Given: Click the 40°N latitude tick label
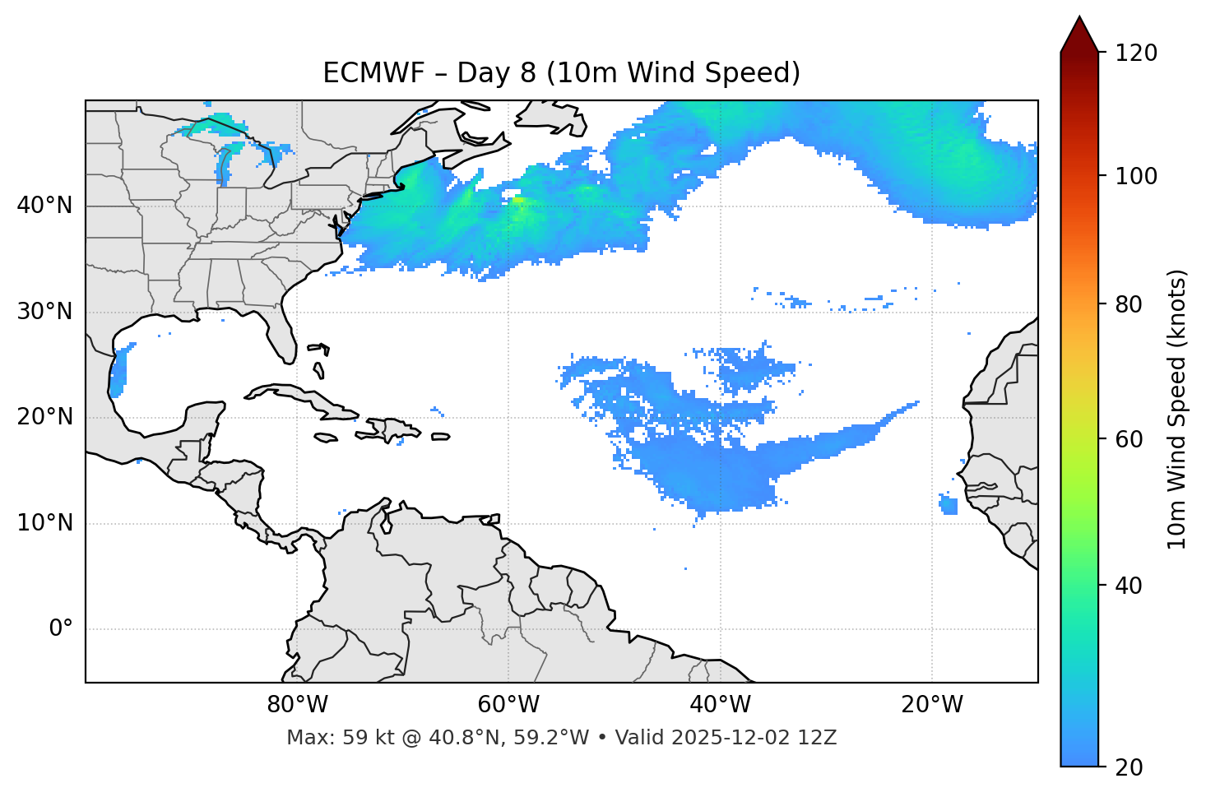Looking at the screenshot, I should click(x=44, y=206).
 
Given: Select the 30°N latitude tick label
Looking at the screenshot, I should click(x=44, y=312).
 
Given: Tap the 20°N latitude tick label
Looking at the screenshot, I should click(x=44, y=417).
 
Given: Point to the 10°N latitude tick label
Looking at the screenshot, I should click(x=44, y=523).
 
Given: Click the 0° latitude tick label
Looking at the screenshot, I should click(x=61, y=629).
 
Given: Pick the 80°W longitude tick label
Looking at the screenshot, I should click(x=297, y=705).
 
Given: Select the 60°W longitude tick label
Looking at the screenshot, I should click(x=508, y=705).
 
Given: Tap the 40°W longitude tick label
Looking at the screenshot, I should click(x=720, y=705).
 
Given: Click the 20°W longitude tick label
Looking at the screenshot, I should click(x=931, y=705).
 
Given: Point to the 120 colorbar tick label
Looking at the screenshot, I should click(x=1136, y=53).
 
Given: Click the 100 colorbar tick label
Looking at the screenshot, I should click(x=1136, y=176).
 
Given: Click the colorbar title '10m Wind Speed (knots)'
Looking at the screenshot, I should click(x=1177, y=410).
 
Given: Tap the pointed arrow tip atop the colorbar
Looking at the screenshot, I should click(x=1079, y=20).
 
